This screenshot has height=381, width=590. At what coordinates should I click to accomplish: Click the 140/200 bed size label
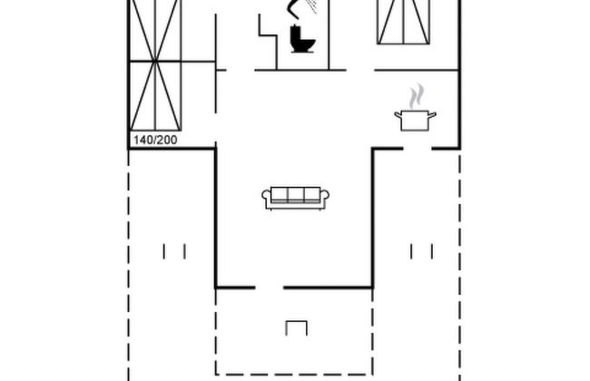155,140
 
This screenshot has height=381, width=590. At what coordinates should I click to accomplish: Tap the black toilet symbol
302,39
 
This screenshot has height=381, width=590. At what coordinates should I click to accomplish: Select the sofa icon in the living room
295,198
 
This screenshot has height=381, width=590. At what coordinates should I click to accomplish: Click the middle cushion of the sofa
296,195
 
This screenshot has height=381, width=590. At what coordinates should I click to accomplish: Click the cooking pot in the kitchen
415,120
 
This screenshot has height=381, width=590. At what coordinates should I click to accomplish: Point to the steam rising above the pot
417,97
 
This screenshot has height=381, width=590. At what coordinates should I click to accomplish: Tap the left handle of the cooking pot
398,114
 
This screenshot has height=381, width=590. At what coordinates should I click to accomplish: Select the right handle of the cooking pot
432,114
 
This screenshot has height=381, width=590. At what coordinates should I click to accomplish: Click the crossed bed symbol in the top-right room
403,22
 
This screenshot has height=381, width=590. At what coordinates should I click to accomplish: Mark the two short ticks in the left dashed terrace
174,251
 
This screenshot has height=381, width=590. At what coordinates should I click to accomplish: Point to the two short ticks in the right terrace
421,251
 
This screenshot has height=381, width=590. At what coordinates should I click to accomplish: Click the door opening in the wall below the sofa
270,288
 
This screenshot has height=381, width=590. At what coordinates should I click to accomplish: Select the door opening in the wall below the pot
418,149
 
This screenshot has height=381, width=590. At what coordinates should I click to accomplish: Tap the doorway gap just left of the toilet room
241,70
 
